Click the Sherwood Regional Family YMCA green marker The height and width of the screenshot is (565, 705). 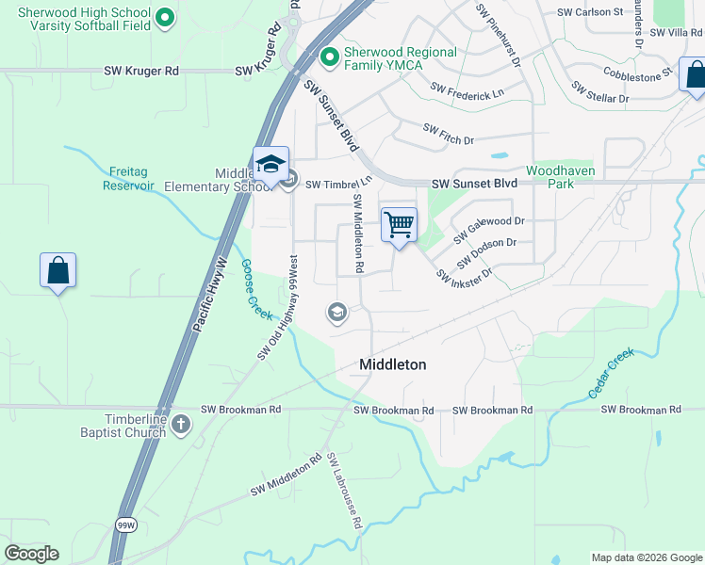click(330, 58)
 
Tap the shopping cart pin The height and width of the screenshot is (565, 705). click(399, 226)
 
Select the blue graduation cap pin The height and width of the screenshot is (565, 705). click(271, 166)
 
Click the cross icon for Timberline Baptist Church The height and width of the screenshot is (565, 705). click(182, 425)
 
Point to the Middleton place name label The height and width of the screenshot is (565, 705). click(392, 364)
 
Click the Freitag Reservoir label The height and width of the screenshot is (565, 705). click(128, 178)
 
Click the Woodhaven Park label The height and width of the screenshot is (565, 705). click(549, 177)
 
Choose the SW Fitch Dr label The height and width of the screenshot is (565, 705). click(448, 135)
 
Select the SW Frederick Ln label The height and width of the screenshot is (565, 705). click(467, 91)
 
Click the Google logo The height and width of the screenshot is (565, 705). click(31, 554)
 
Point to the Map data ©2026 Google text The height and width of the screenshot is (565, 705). click(647, 557)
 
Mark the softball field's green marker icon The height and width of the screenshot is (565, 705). click(165, 17)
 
